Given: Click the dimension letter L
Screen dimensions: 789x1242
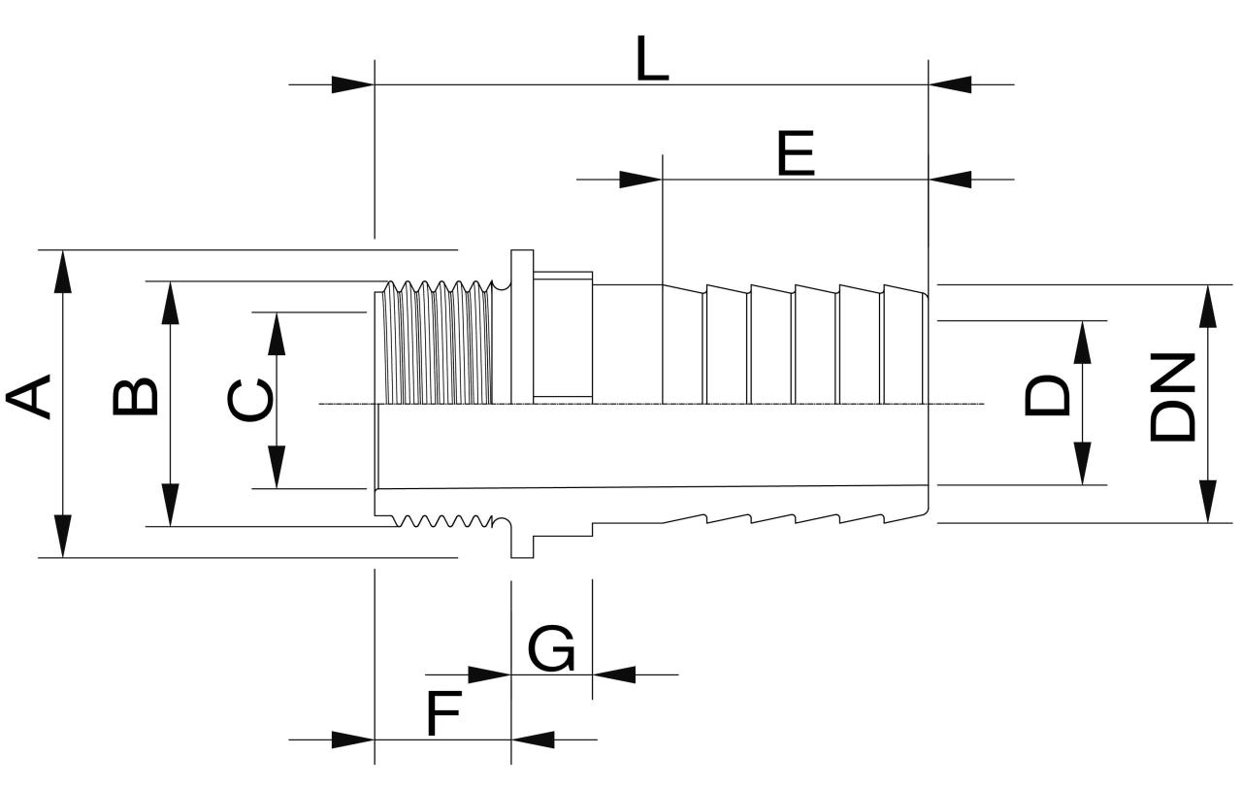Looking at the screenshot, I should pos(653,59).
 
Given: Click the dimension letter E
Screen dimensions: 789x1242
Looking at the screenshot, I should pos(796,155).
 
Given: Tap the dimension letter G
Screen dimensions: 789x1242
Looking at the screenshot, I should pos(551,649).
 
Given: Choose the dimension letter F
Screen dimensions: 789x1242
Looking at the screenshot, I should pos(443,716).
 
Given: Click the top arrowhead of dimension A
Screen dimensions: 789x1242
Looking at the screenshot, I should pos(63,271).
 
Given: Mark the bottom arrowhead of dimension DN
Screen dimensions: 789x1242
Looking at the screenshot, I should pos(1208,502).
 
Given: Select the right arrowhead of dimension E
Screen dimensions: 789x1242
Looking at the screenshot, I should pos(950,180).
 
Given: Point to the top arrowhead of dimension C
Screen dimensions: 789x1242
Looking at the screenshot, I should pos(278,334).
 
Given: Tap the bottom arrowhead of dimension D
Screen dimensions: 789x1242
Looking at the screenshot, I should pos(1083,464).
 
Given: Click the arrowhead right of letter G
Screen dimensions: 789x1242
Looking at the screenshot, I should pos(613,674).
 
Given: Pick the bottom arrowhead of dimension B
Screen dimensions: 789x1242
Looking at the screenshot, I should pos(171,506).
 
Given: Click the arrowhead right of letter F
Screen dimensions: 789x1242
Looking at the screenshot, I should pos(533,740).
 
